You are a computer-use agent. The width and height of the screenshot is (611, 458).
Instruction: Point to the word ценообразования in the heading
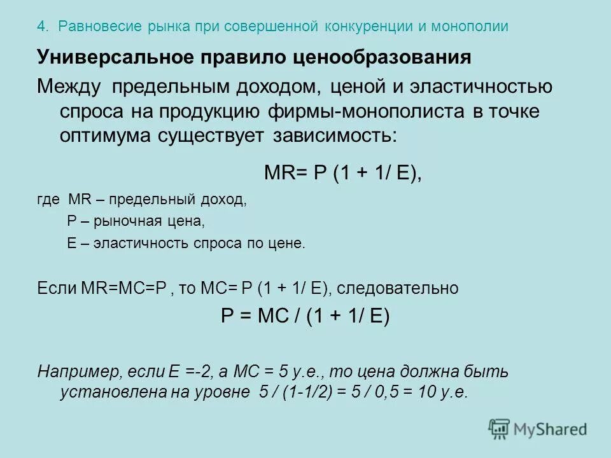(x=381, y=57)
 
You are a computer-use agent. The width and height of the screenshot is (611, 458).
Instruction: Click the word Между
(x=69, y=87)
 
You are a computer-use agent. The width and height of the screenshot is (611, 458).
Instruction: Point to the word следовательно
(x=397, y=288)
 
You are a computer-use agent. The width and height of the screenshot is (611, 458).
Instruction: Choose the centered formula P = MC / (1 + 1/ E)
(x=305, y=317)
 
